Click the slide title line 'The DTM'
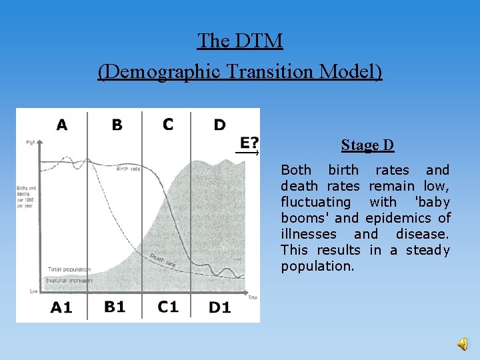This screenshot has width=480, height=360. coord(240,41)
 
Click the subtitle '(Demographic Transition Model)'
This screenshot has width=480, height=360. coord(240,71)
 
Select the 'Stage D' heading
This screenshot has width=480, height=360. coord(367,145)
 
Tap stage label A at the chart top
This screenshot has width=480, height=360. coord(62,125)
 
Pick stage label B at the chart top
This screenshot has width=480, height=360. coord(117,125)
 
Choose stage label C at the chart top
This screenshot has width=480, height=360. coord(168,124)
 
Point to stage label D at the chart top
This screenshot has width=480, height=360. coord(219,125)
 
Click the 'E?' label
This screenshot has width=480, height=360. coord(250,142)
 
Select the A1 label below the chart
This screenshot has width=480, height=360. coord(61,307)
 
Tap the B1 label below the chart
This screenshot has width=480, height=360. coord(115,307)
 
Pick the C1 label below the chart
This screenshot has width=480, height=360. coord(168,307)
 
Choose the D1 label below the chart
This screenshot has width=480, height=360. coord(220,307)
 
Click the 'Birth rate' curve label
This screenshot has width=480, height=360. coord(128,169)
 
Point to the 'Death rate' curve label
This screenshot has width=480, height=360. coord(163,261)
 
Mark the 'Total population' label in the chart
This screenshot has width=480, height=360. coord(69,269)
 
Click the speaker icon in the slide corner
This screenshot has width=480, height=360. coord(462,343)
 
